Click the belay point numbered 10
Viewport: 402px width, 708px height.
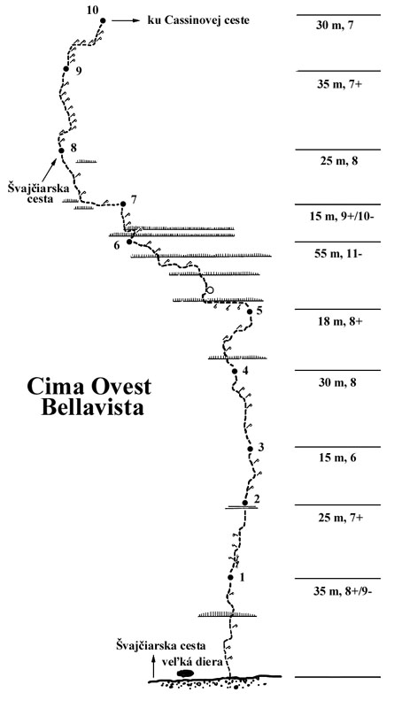click(104, 20)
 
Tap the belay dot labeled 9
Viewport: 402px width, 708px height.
click(66, 68)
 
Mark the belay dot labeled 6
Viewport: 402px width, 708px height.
click(129, 241)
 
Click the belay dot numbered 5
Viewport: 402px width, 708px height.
click(250, 312)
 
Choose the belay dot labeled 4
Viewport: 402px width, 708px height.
click(235, 371)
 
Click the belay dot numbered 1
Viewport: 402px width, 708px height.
click(230, 578)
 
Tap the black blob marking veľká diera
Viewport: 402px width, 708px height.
click(185, 673)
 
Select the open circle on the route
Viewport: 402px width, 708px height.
click(210, 290)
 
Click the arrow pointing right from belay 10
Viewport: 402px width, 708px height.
click(131, 20)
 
